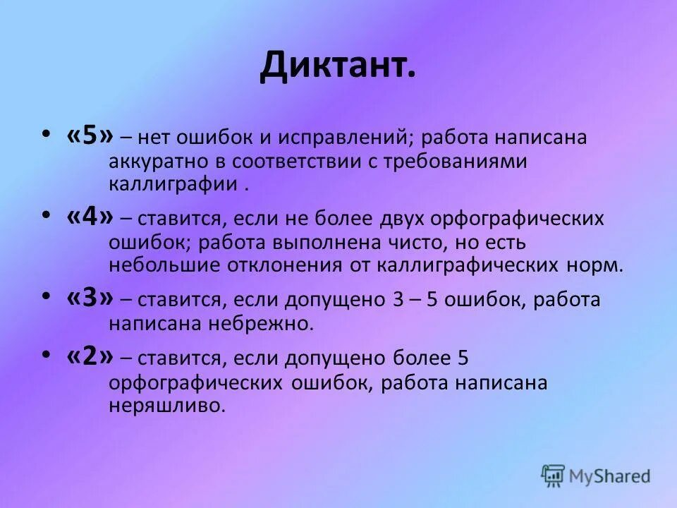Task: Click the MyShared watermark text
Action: click(610, 476)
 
